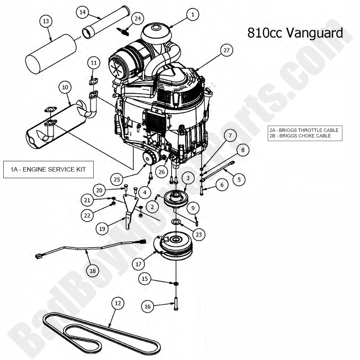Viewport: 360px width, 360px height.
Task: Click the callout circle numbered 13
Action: pyautogui.click(x=46, y=22)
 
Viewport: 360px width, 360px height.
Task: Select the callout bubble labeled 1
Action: pyautogui.click(x=192, y=15)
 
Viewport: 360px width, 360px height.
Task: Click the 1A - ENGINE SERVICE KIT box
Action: pyautogui.click(x=48, y=169)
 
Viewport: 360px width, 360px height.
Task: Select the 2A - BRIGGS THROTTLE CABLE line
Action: pyautogui.click(x=304, y=130)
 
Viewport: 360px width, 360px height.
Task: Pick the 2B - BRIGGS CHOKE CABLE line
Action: pyautogui.click(x=300, y=136)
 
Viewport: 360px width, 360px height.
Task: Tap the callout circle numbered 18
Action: pyautogui.click(x=93, y=271)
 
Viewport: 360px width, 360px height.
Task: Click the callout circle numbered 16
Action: pyautogui.click(x=147, y=306)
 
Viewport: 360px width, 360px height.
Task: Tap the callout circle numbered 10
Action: pyautogui.click(x=65, y=87)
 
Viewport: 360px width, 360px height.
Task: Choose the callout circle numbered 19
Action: pyautogui.click(x=102, y=228)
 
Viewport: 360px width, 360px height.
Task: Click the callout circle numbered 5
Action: pyautogui.click(x=239, y=180)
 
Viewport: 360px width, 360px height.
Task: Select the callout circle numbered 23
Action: pyautogui.click(x=198, y=234)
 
